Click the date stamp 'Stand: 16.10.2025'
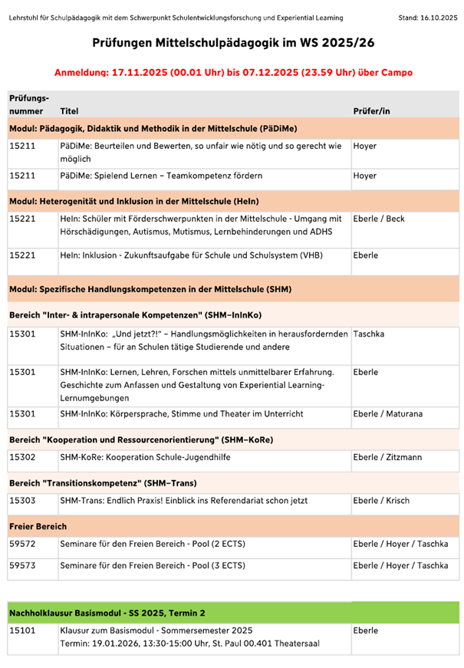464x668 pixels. (x=428, y=16)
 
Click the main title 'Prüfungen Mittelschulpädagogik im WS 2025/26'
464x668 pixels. (x=233, y=46)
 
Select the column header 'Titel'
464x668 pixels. (x=69, y=111)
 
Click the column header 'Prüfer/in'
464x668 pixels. (x=371, y=111)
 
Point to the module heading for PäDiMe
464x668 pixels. (x=153, y=128)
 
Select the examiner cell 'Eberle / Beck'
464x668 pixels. (x=379, y=219)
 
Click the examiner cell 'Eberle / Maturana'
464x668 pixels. (x=389, y=414)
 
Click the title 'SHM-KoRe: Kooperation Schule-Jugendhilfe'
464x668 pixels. (x=148, y=458)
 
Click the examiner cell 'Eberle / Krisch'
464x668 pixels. (x=381, y=501)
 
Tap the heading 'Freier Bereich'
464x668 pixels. (x=38, y=526)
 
